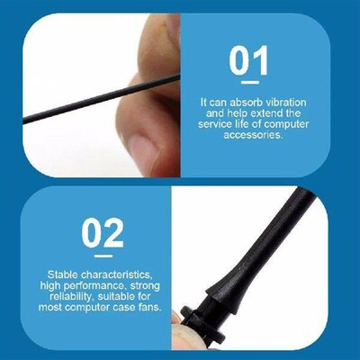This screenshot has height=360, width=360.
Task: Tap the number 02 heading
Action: (x=103, y=233)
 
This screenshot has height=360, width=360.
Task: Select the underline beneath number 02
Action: (x=103, y=256)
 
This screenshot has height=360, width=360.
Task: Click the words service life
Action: (x=235, y=127)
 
